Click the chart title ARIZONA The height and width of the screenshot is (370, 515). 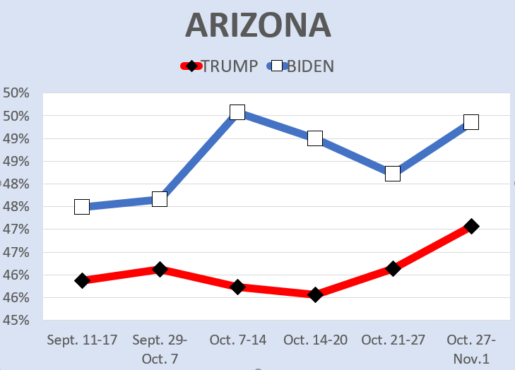click(258, 25)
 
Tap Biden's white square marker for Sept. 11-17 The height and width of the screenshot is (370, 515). click(82, 207)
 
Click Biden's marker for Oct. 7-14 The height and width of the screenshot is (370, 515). click(237, 112)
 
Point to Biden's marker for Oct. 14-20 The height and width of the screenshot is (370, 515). click(315, 138)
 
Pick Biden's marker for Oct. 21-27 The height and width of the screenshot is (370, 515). click(393, 173)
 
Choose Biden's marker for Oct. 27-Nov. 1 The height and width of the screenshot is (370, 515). click(471, 122)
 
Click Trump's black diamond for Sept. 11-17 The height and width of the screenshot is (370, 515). click(82, 280)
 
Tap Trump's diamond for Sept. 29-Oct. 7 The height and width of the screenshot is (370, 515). click(160, 269)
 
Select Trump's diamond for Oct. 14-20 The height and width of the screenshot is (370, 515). click(315, 294)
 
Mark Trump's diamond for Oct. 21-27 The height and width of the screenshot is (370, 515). click(393, 268)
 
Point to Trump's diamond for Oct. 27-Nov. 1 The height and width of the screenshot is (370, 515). click(471, 226)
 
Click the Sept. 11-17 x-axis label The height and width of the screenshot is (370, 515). click(82, 340)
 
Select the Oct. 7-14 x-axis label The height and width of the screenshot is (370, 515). click(237, 340)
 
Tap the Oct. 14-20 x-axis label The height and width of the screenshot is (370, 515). click(315, 340)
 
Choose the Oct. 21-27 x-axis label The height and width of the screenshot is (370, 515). click(393, 340)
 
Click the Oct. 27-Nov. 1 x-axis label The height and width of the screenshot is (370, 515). click(471, 349)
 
